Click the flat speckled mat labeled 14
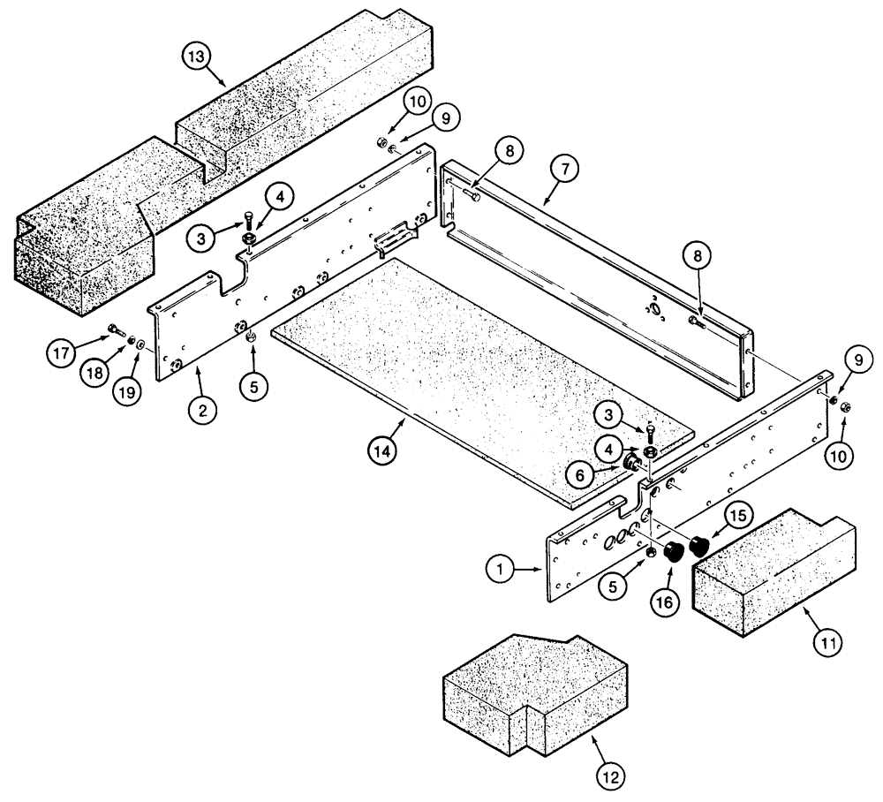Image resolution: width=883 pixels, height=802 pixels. point(468,371)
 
